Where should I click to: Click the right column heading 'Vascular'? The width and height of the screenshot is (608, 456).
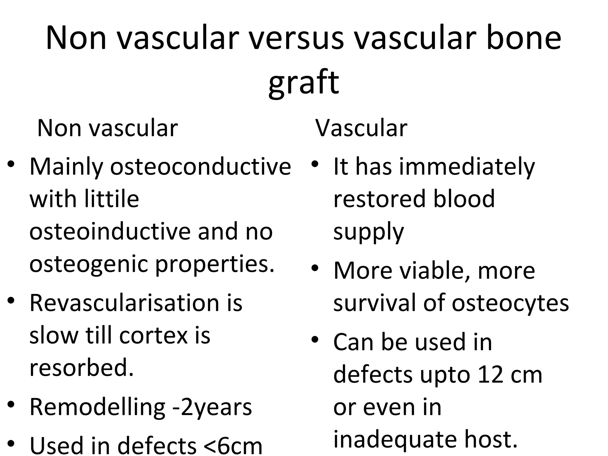(x=361, y=128)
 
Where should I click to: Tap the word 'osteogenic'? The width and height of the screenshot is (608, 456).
(x=88, y=264)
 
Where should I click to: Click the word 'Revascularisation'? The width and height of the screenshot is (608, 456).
(x=123, y=303)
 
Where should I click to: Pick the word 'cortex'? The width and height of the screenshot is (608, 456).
(x=154, y=335)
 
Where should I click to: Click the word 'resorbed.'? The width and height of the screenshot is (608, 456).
(x=82, y=368)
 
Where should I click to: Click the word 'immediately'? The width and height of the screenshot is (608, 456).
(x=467, y=167)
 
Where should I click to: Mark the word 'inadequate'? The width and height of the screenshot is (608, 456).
(x=395, y=439)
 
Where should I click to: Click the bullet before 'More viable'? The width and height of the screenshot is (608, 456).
(x=315, y=269)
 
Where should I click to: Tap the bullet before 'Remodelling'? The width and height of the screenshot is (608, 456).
(x=11, y=405)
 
